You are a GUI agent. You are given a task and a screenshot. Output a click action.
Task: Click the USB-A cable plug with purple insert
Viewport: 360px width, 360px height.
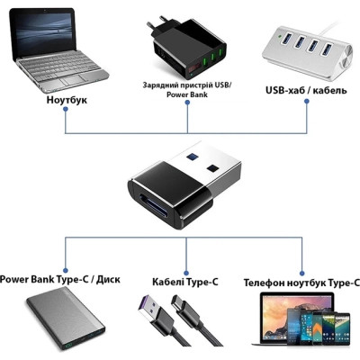(153, 316)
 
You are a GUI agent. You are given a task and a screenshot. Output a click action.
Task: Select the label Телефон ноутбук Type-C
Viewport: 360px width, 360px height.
(301, 282)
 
